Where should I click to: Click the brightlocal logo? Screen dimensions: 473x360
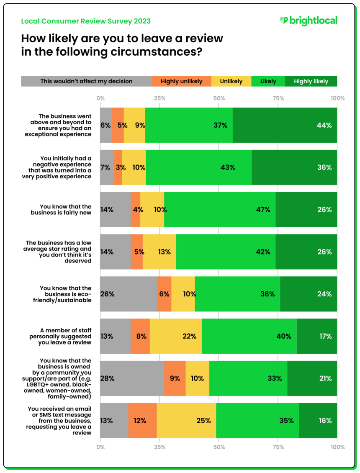click(309, 21)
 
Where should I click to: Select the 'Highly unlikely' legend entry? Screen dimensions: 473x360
click(181, 81)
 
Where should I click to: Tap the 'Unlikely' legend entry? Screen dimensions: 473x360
click(231, 81)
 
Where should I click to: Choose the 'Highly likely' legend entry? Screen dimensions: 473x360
click(311, 81)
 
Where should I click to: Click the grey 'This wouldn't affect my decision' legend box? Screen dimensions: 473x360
click(86, 81)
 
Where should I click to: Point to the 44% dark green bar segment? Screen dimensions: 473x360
click(285, 125)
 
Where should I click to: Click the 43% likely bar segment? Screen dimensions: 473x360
click(199, 167)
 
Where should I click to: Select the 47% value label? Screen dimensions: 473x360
click(263, 210)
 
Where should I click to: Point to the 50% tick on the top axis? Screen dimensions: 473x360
click(219, 99)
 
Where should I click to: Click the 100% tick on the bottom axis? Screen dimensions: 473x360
click(337, 447)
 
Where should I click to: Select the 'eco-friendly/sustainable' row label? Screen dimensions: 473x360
click(65, 294)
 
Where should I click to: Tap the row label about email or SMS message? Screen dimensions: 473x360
click(65, 421)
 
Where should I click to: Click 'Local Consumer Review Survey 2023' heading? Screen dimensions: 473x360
click(86, 21)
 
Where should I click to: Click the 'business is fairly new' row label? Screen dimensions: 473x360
click(65, 210)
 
